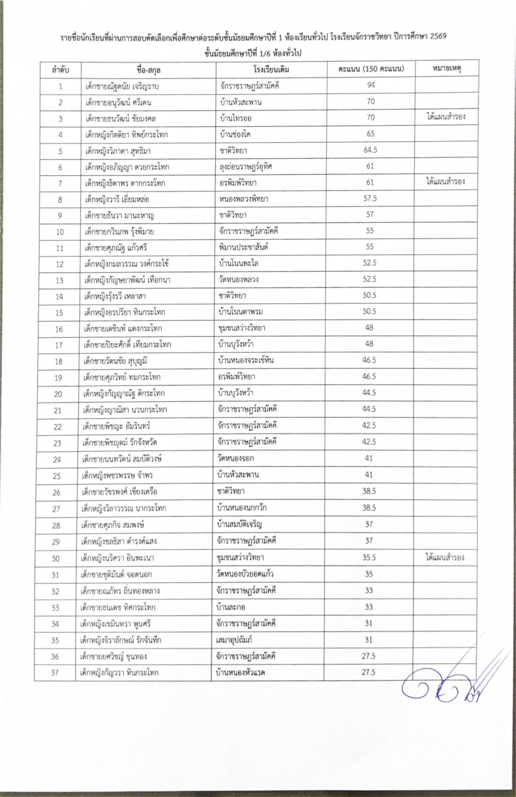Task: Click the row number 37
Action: [x=60, y=672]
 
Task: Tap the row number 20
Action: [x=60, y=393]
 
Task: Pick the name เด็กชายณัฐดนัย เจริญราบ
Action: [x=122, y=86]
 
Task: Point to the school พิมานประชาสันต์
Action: [x=248, y=247]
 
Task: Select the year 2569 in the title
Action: [x=436, y=37]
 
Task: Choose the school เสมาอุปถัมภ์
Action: [x=243, y=640]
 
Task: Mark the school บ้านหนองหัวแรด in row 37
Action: [x=246, y=672]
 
